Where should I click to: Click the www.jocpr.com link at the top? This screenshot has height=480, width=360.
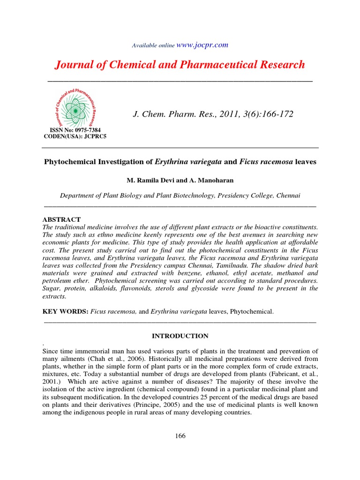pyautogui.click(x=202, y=45)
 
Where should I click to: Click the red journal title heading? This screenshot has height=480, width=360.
pyautogui.click(x=180, y=65)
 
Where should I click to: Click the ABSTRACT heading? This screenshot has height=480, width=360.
pyautogui.click(x=61, y=219)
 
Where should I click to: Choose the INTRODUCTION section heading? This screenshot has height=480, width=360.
pyautogui.click(x=180, y=336)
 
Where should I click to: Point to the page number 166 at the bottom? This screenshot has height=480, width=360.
pyautogui.click(x=180, y=436)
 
